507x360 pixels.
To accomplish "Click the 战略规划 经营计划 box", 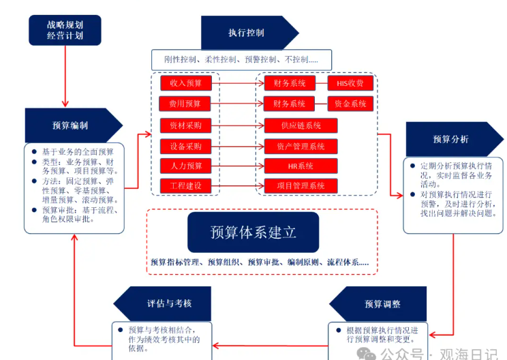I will point(65,30).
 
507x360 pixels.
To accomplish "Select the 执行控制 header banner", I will point(246,32).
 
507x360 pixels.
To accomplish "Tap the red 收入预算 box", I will point(186,83).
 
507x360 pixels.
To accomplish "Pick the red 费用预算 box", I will point(185,104).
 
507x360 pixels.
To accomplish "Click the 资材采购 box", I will point(185,125).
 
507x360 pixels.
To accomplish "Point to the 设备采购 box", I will point(185,146).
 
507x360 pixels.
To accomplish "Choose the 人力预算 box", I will point(185,166).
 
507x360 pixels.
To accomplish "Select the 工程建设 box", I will point(185,185).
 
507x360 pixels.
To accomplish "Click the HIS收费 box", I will point(350,83).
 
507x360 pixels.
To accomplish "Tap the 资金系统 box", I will point(350,104).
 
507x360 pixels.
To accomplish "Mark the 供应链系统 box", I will point(301,125).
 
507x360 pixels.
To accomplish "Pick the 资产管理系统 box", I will point(301,146).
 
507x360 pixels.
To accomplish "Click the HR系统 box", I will point(301,166).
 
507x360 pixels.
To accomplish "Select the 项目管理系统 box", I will point(301,185).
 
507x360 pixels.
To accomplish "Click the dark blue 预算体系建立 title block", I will point(253,232).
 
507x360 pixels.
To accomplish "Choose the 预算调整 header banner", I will point(382,303).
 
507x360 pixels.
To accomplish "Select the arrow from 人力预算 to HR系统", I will point(238,166).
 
